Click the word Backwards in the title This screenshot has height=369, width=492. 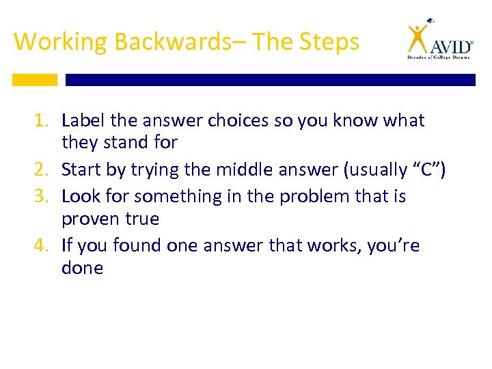[x=173, y=42]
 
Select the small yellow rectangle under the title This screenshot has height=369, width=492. [x=34, y=80]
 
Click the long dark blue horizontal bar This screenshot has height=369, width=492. [x=270, y=80]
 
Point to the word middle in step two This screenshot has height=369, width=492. [x=246, y=170]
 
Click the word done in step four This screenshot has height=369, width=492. [x=82, y=269]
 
